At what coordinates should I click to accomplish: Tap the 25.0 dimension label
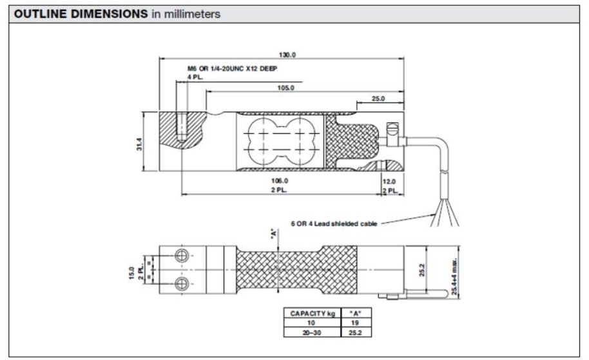(378, 99)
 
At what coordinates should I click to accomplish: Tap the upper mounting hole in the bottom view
(182, 256)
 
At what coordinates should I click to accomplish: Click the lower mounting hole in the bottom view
(182, 283)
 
